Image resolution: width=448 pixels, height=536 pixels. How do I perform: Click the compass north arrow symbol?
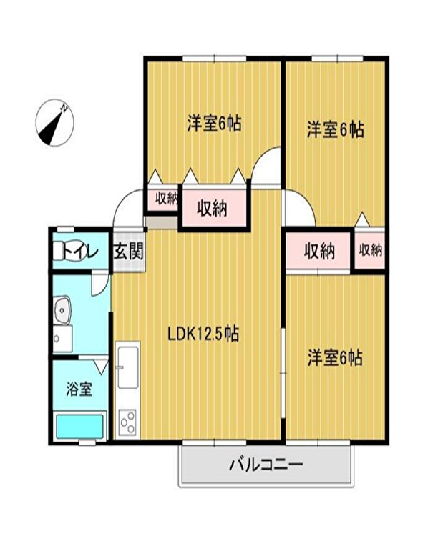(x=55, y=123)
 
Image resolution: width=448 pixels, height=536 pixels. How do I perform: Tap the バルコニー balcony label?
(x=266, y=465)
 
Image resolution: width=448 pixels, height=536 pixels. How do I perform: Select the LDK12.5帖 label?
(x=203, y=334)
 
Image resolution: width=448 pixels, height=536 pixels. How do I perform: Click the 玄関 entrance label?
(x=129, y=252)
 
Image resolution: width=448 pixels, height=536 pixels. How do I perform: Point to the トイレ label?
(x=79, y=253)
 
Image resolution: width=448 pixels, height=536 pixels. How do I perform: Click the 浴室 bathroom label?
(x=79, y=389)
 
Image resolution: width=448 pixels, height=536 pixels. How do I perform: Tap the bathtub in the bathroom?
(x=79, y=426)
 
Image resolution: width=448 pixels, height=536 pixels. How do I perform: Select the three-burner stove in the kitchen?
(x=127, y=422)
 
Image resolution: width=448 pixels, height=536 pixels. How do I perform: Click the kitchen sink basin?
(x=128, y=367)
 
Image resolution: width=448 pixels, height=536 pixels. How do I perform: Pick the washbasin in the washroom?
(x=63, y=309)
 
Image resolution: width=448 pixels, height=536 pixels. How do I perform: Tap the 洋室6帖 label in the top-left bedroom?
(x=214, y=124)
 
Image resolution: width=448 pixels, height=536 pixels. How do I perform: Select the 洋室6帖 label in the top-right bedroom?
(x=335, y=130)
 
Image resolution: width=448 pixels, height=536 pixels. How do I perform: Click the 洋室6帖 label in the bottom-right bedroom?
(x=335, y=358)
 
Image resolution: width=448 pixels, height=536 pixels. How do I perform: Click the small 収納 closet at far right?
(x=369, y=251)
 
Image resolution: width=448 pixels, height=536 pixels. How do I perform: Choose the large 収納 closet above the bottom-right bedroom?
(x=319, y=252)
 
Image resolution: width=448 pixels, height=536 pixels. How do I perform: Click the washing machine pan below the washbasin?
(x=63, y=339)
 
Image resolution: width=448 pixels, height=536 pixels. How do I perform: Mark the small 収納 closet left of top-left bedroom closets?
(x=164, y=199)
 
